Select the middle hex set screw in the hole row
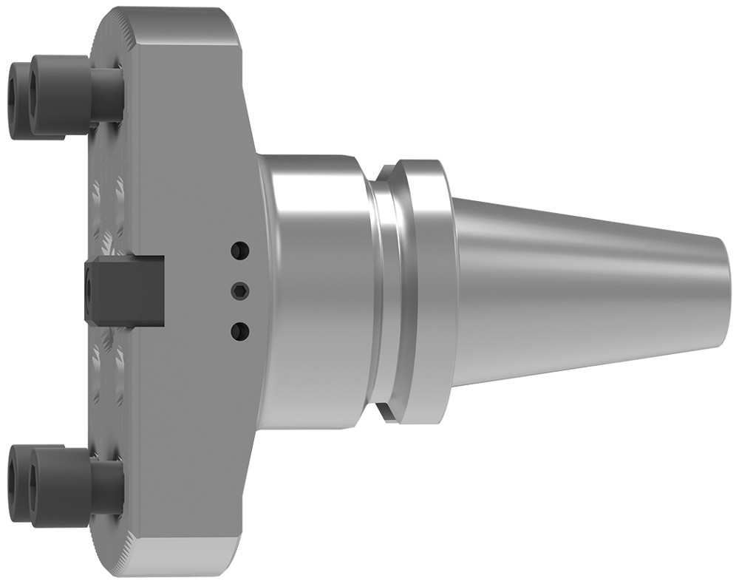(x=239, y=290)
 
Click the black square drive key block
(x=133, y=290)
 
